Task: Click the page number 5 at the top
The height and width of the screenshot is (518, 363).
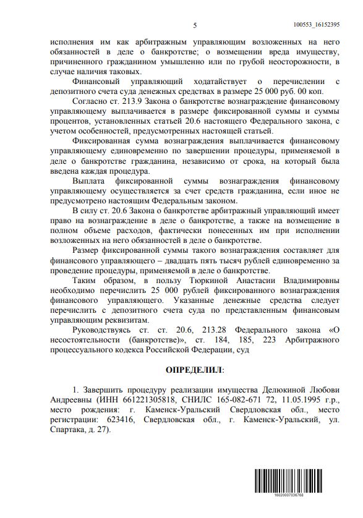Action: point(195,25)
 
